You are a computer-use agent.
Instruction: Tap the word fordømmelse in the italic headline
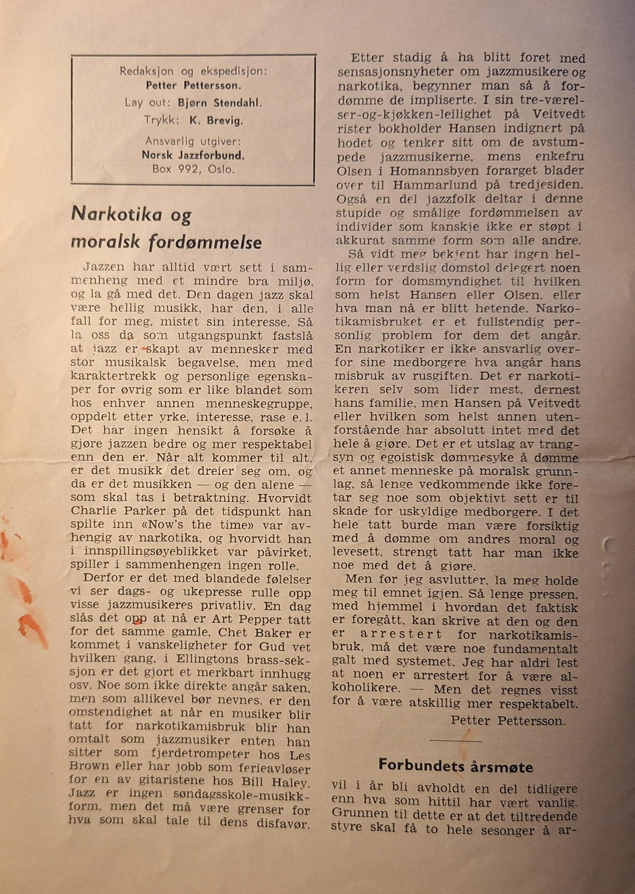click(x=205, y=242)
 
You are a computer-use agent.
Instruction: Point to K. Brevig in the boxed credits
click(x=216, y=121)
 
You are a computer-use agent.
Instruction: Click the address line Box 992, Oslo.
click(x=193, y=170)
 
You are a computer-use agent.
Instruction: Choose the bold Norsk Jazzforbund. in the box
click(x=193, y=156)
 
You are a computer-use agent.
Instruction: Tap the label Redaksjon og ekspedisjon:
click(x=193, y=71)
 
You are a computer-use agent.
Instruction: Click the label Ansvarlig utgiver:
click(x=193, y=141)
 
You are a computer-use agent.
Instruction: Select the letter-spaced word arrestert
click(x=400, y=635)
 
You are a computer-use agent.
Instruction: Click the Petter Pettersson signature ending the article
click(x=508, y=720)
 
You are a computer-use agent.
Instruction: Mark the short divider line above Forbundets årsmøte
click(x=456, y=740)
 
